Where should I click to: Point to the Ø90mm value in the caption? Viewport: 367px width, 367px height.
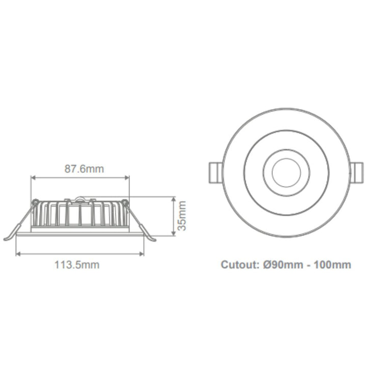(281, 265)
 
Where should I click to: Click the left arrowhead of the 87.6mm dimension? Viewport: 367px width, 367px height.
(34, 178)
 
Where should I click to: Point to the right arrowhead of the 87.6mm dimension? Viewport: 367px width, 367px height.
(127, 178)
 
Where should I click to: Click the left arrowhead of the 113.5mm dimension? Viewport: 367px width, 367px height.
(19, 253)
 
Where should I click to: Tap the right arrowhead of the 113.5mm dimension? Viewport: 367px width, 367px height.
(141, 253)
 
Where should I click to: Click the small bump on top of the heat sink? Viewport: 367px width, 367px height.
(80, 197)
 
